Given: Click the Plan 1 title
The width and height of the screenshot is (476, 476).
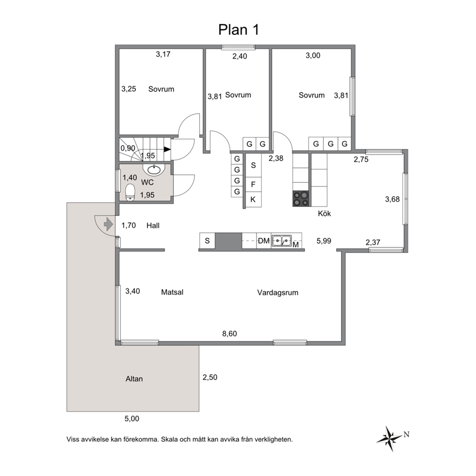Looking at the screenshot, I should coord(238,29).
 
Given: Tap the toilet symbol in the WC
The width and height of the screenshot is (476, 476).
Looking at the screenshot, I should coord(130,192).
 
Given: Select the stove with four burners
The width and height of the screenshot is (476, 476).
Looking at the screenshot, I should coord(301,199).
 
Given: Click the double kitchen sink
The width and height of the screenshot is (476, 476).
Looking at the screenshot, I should coord(281,240).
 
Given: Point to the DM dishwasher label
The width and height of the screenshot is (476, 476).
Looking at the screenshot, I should coord(263,241).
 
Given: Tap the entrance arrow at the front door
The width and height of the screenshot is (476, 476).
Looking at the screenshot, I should coord(107,224).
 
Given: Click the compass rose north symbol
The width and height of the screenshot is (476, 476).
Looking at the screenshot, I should coord(390,437).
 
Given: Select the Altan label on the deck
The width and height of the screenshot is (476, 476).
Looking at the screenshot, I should coord(134,379).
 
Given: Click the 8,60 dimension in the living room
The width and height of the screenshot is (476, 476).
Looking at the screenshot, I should coord(229,333).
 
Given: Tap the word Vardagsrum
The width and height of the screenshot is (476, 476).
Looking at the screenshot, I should coord(278,292).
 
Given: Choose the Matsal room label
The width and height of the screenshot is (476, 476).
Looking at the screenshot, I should coord(173,292).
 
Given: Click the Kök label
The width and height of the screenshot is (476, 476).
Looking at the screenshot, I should coord(324,214).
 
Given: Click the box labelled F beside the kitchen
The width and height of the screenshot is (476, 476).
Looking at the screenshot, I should coord(253,184).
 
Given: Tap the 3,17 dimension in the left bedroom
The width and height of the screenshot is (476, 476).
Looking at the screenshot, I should coord(163,54).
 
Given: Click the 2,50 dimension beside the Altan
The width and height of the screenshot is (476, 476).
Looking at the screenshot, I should coord(210,377).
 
